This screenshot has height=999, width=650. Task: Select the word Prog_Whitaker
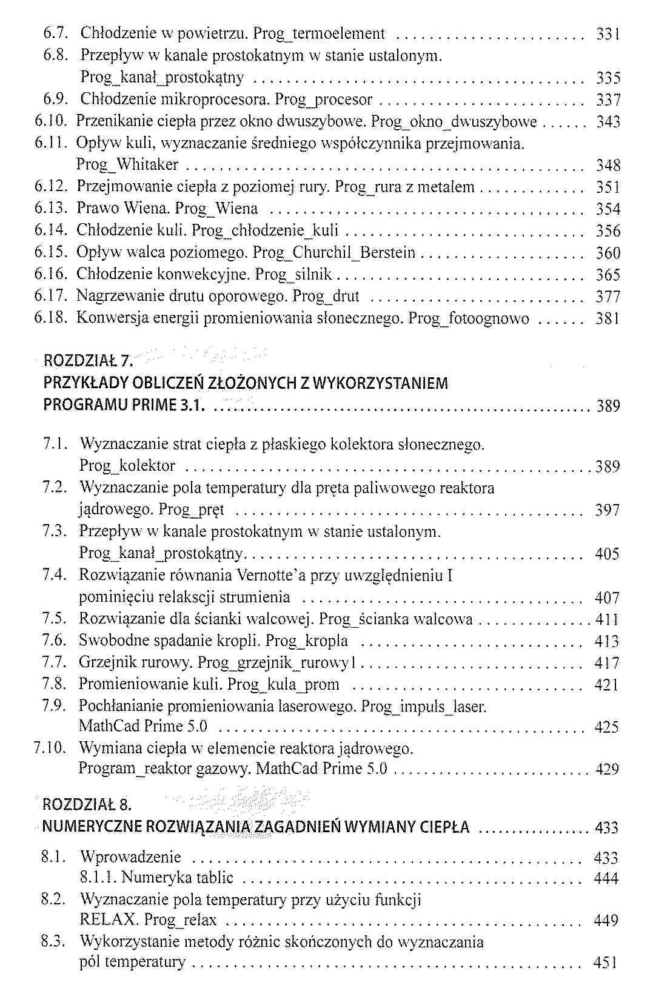coord(127,165)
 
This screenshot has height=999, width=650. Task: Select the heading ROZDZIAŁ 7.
coord(87,362)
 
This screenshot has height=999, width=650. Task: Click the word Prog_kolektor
coord(127,466)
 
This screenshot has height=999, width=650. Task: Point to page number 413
coord(607,641)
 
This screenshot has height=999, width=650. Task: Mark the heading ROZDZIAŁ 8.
coord(87,805)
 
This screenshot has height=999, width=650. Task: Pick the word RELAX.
coord(109,920)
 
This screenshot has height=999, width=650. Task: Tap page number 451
coord(606,963)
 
